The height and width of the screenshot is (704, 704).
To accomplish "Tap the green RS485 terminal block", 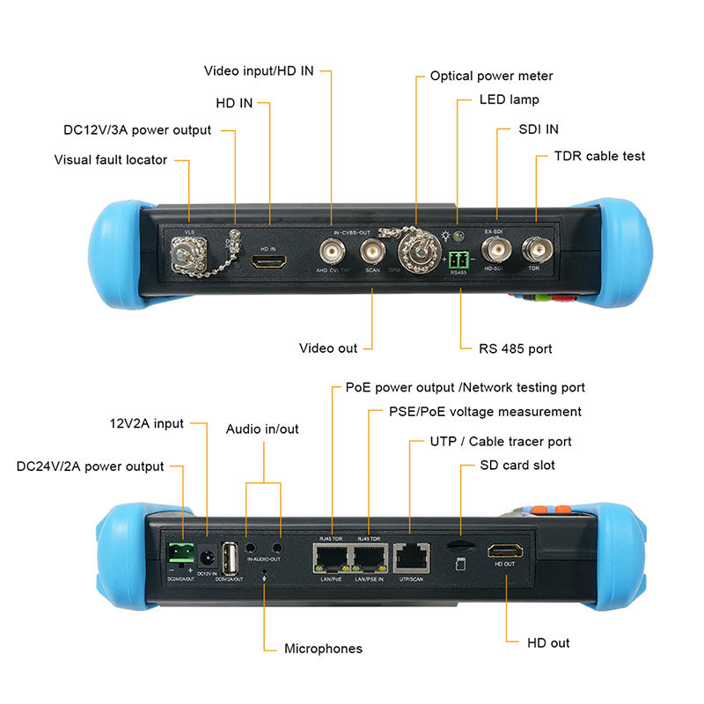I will pos(458,260).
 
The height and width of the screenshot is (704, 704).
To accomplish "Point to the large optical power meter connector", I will pos(415,253).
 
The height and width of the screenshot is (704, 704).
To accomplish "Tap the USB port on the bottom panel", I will pos(231,557).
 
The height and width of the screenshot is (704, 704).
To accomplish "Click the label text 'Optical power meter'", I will pos(491,77).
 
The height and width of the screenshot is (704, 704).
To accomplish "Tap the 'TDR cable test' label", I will pos(599,156).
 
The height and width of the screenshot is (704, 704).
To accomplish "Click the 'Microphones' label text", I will pos(323,649).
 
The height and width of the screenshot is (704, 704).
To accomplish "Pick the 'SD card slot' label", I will pos(517,465).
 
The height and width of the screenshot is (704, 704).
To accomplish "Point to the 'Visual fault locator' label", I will pos(110,160).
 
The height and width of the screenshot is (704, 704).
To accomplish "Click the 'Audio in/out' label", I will pos(262,429).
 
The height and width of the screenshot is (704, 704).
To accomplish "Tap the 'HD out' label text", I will pos(548,643).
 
